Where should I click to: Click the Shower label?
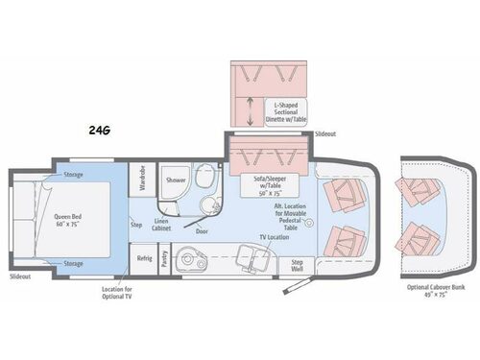click(x=175, y=180)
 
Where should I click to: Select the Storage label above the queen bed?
click(x=74, y=175)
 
